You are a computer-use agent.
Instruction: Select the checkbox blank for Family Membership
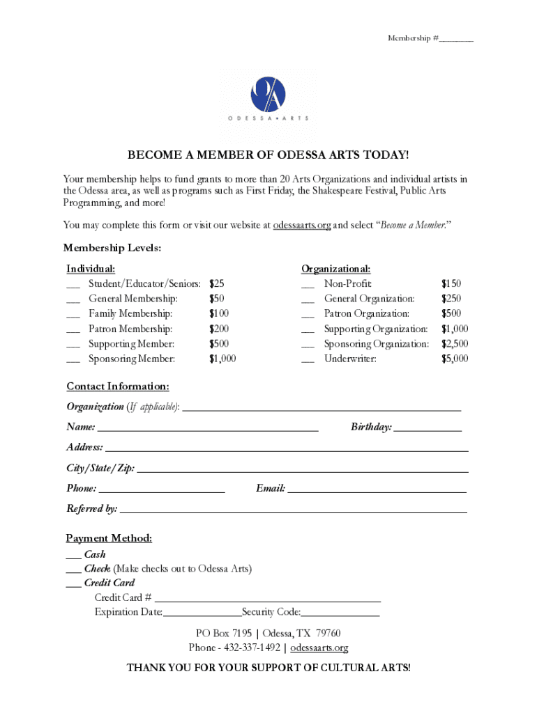pos(73,314)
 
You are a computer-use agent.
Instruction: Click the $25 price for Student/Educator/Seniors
pos(217,284)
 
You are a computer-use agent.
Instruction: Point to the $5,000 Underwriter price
pos(454,359)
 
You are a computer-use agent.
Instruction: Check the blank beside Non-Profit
pos(308,284)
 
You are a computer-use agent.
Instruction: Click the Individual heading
pos(91,269)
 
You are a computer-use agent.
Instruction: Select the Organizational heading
pos(335,269)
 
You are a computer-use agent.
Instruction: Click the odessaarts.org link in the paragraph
pos(301,226)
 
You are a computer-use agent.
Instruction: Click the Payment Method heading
pos(109,538)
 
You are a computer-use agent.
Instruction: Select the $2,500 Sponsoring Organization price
pos(454,344)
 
